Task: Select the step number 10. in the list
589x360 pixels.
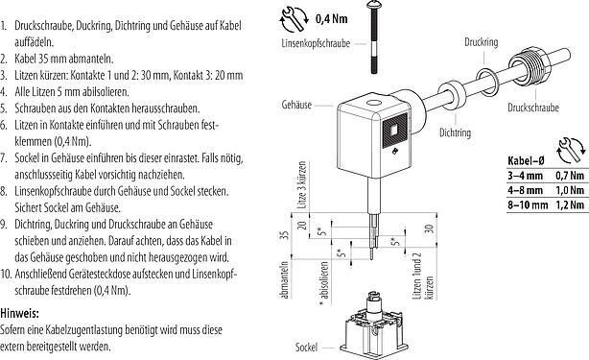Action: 12,274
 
